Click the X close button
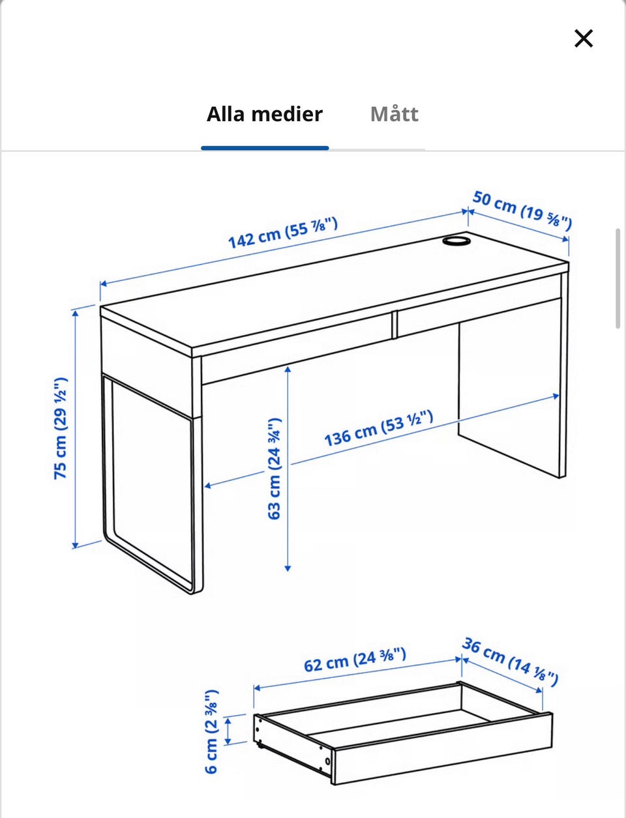[x=584, y=38]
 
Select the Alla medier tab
[x=265, y=114]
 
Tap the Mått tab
[x=394, y=114]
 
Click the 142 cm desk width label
[x=283, y=233]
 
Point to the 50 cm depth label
[x=522, y=210]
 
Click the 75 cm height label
[x=61, y=428]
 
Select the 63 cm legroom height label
[x=275, y=468]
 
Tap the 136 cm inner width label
[x=378, y=428]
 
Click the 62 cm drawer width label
[x=355, y=660]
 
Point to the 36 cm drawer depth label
[x=510, y=662]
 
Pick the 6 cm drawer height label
[x=212, y=731]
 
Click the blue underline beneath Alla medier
[x=265, y=148]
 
